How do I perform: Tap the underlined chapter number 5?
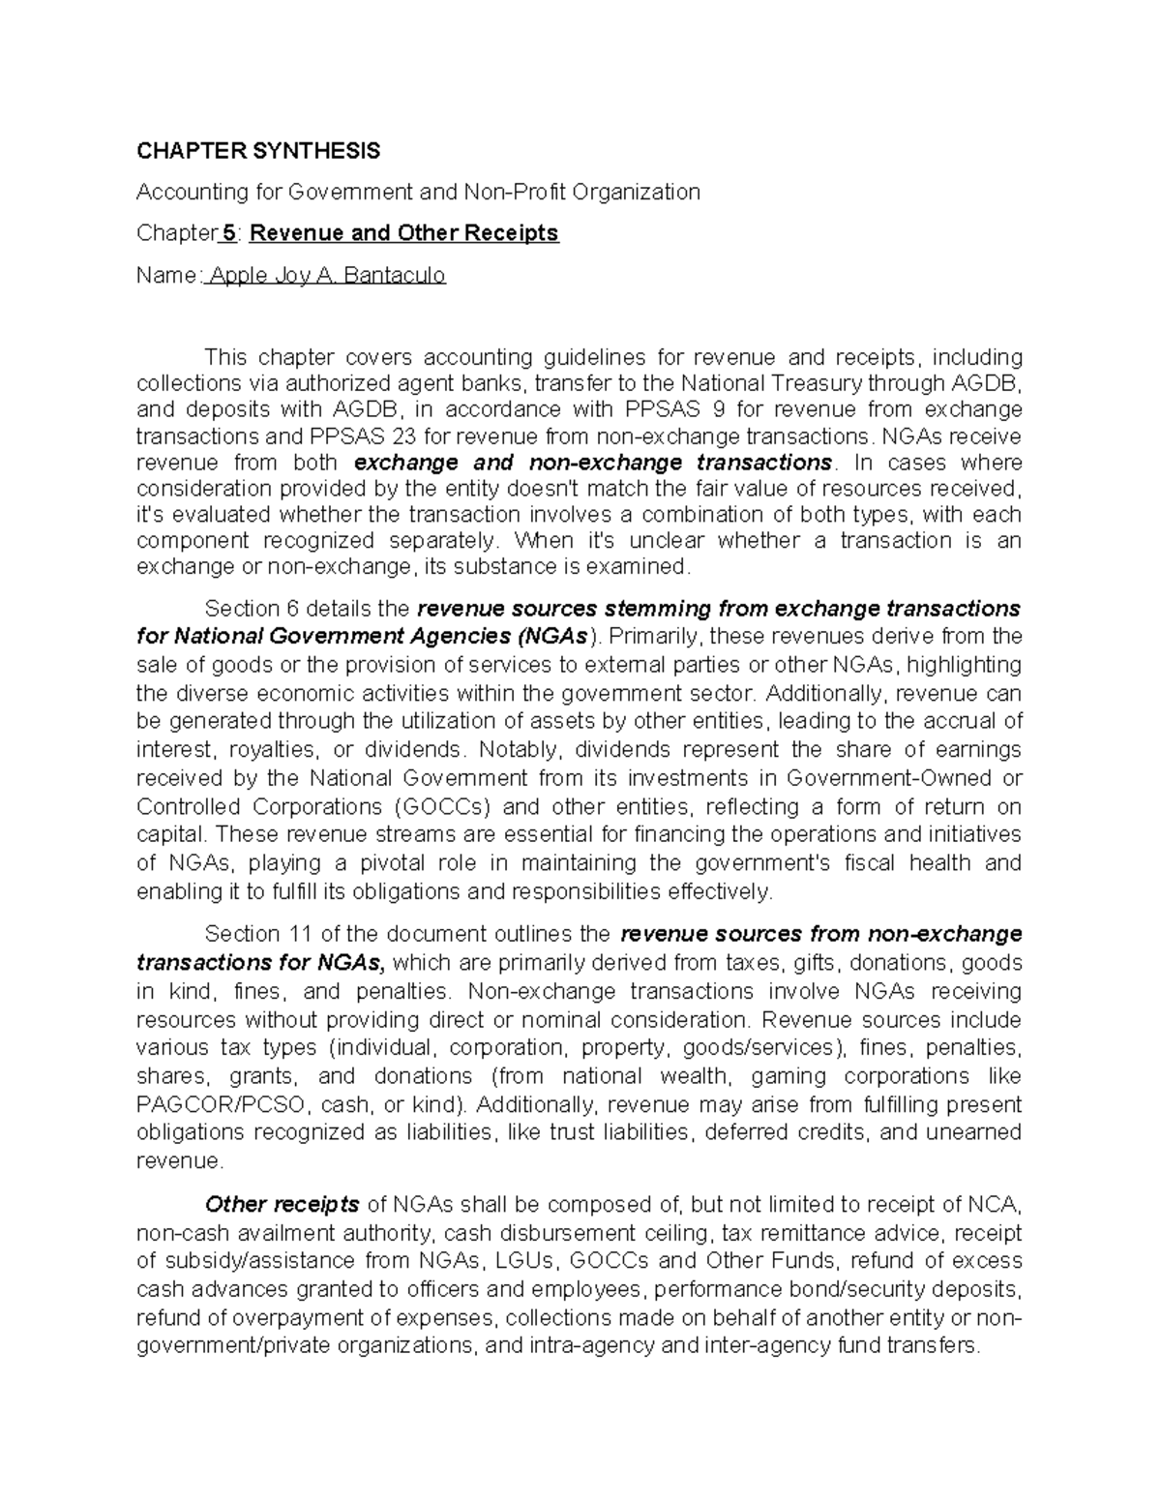pyautogui.click(x=227, y=234)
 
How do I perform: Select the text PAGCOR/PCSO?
pyautogui.click(x=221, y=1105)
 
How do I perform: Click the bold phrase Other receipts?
pyautogui.click(x=282, y=1205)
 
